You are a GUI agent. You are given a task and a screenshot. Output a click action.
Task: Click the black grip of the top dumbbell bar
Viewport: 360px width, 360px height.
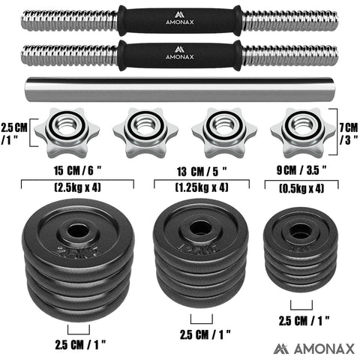(x=180, y=22)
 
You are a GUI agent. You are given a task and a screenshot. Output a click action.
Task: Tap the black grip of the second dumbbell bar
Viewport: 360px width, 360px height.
(x=180, y=55)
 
